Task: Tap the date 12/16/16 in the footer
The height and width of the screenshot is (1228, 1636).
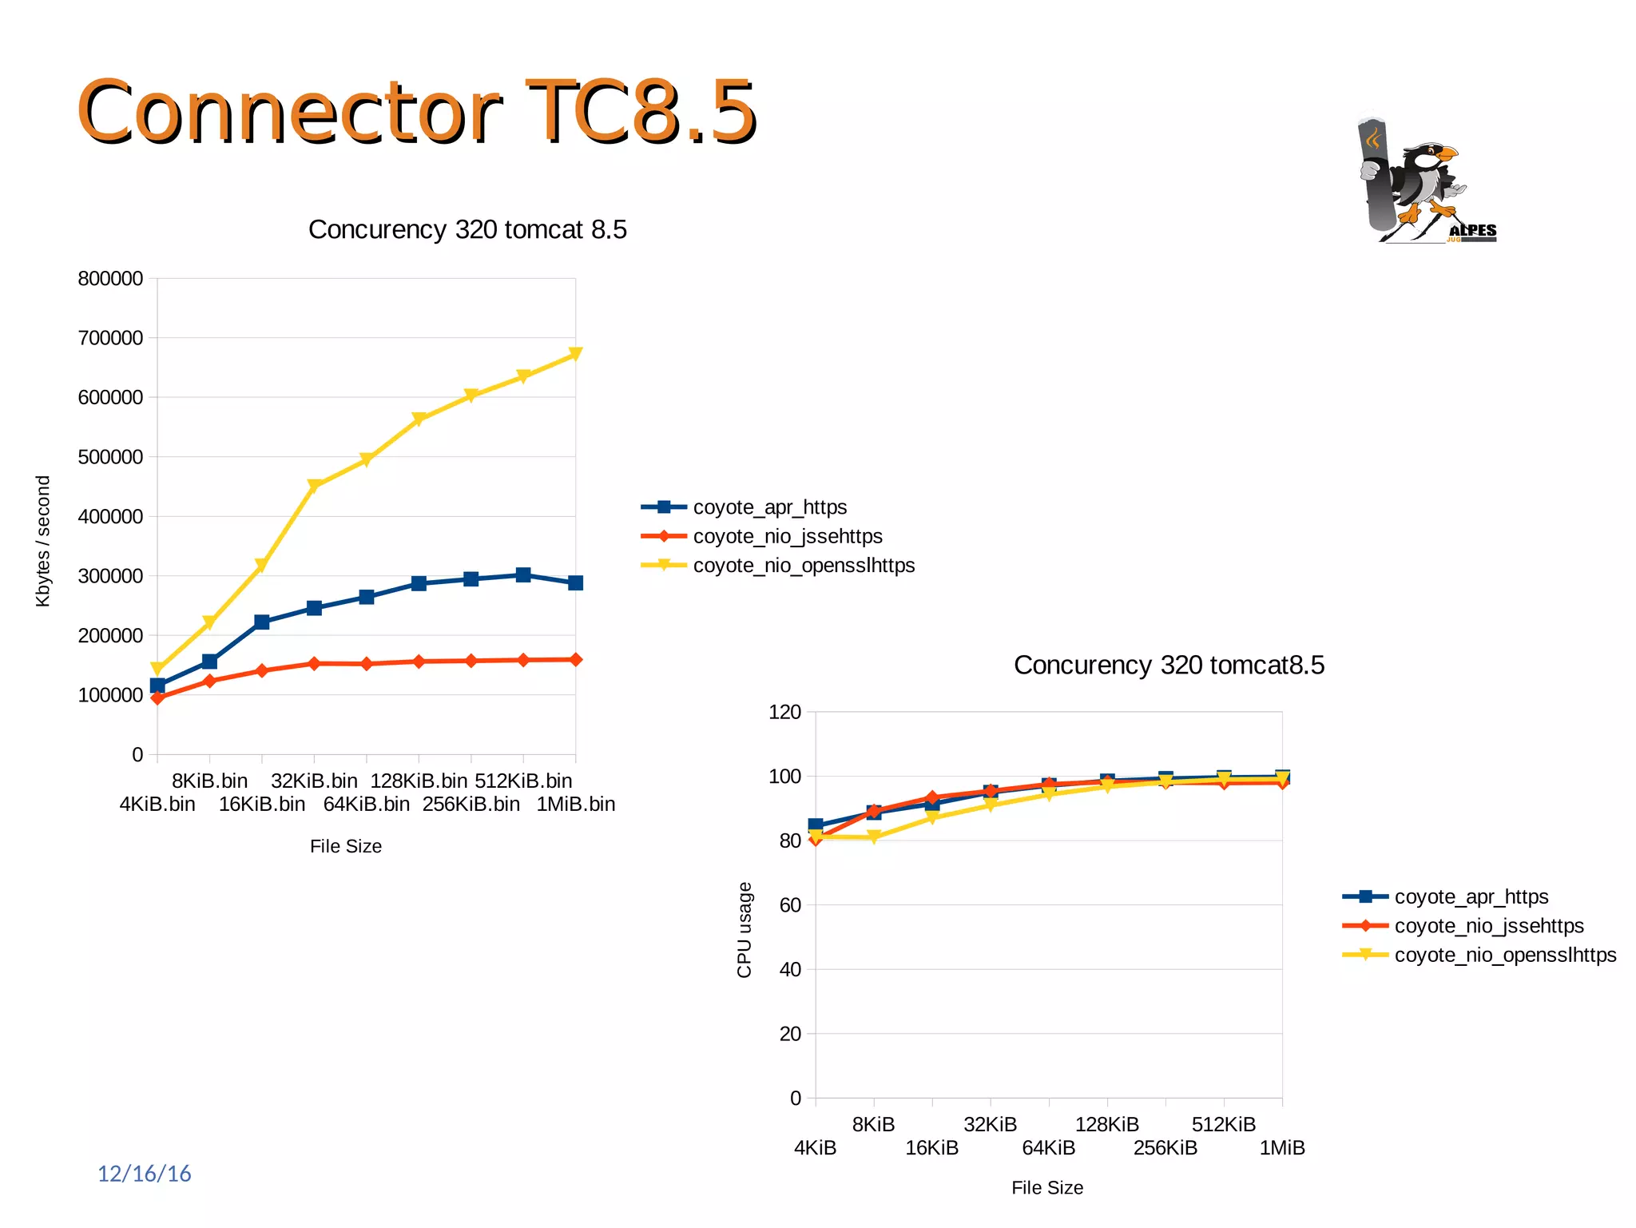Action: click(144, 1174)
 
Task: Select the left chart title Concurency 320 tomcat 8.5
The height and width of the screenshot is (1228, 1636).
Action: click(467, 230)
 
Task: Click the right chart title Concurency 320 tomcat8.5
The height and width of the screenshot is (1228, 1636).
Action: click(1168, 666)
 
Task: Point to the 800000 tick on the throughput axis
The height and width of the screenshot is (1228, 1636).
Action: click(110, 279)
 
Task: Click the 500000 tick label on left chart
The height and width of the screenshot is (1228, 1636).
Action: click(110, 457)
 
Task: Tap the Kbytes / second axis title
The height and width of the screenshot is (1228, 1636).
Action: click(43, 541)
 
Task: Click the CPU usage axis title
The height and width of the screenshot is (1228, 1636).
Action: click(744, 930)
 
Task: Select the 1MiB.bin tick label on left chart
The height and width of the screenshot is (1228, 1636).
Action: click(575, 804)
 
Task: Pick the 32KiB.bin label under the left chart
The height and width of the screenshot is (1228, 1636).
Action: click(314, 781)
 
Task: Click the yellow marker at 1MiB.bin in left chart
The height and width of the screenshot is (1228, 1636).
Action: click(575, 354)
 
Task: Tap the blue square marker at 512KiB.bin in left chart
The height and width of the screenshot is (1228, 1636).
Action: click(523, 574)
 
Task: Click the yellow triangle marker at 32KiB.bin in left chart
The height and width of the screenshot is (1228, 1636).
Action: click(314, 486)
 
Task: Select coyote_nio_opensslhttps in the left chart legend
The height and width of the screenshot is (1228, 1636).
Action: click(803, 566)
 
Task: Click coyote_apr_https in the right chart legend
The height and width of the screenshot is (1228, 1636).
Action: click(1471, 896)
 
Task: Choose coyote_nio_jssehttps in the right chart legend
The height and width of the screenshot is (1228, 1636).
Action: click(1488, 926)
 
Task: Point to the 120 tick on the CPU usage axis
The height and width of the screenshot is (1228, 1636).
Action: click(784, 712)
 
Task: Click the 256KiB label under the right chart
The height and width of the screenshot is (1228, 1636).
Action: click(1165, 1148)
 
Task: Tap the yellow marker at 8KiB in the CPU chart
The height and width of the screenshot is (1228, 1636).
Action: click(873, 837)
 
